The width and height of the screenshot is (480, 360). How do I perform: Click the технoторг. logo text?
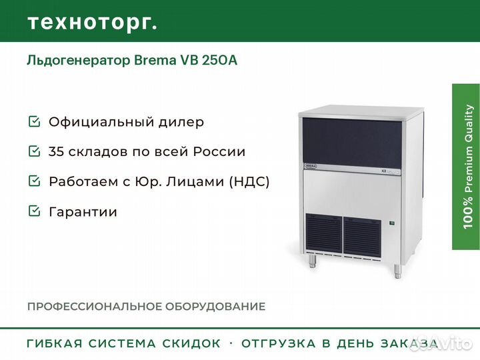(x=93, y=23)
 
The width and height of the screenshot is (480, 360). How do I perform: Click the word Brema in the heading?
(x=155, y=60)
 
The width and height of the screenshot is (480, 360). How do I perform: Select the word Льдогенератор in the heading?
(x=79, y=61)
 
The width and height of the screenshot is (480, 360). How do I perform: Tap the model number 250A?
(x=219, y=60)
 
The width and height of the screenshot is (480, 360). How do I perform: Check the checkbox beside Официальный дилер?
(x=34, y=121)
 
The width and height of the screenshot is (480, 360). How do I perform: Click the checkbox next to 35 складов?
(x=34, y=151)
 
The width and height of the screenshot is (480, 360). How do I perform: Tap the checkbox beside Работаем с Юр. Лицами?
(x=34, y=181)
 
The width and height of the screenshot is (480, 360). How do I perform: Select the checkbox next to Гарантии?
(x=34, y=211)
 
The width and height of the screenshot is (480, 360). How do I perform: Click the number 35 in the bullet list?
(x=57, y=151)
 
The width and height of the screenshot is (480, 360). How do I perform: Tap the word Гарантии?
(x=83, y=211)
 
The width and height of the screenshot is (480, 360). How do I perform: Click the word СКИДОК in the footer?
(x=191, y=343)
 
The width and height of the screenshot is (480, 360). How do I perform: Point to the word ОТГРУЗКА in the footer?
(x=279, y=343)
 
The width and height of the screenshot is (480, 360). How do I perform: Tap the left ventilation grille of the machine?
(x=324, y=233)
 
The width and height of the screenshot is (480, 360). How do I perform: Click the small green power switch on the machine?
(x=391, y=223)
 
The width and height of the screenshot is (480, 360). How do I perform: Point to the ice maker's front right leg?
(x=397, y=271)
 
